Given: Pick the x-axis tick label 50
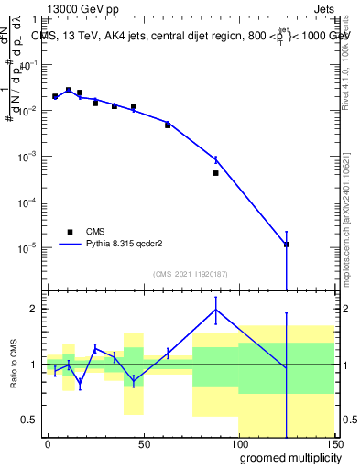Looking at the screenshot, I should tap(144, 444).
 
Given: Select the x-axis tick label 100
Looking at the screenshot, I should tap(239, 444).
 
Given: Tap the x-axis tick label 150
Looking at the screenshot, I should tap(334, 444).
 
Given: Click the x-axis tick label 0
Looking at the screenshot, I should tap(48, 444).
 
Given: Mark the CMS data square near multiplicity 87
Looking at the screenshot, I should tap(215, 172).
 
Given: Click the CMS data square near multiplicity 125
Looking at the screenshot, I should tap(287, 245).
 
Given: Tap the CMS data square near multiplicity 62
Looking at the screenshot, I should tap(168, 125).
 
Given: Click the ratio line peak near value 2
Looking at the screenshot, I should tap(215, 310).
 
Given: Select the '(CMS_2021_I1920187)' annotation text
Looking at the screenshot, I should tap(190, 273).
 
